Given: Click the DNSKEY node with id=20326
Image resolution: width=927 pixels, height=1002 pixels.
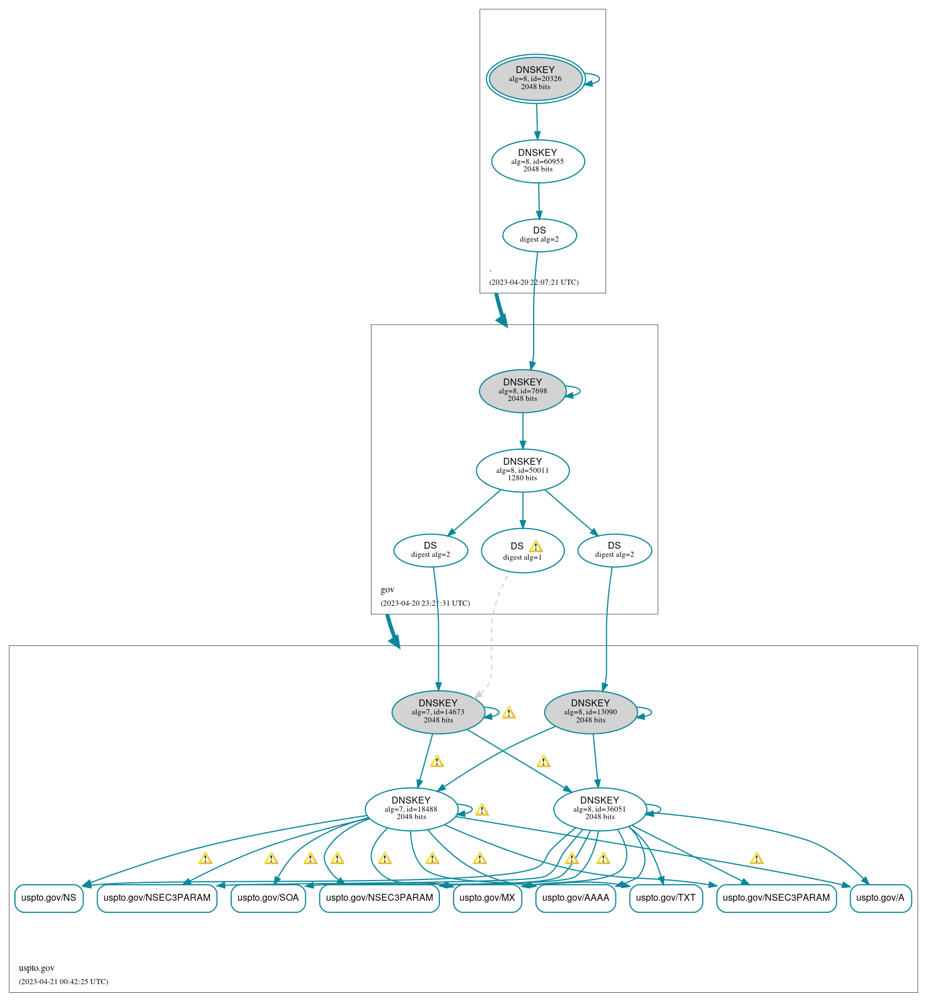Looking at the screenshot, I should click(535, 79).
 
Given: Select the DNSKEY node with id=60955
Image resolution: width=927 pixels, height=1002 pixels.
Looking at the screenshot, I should click(538, 161).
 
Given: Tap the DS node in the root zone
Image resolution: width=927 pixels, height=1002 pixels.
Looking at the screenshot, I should click(539, 235).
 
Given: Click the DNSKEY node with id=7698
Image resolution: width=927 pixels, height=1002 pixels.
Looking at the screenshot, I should click(522, 391).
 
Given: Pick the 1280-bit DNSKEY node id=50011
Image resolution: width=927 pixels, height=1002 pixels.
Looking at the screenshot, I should click(522, 470).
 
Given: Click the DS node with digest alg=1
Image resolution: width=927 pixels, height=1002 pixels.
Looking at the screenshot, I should click(522, 550).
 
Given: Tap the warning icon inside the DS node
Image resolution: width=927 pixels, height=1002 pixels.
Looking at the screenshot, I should click(535, 546).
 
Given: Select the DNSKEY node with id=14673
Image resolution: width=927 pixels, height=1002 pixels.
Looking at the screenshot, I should click(438, 712).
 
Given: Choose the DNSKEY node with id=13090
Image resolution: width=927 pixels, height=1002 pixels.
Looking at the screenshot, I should click(590, 712).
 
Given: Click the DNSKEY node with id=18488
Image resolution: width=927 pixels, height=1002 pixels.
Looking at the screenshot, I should click(411, 809).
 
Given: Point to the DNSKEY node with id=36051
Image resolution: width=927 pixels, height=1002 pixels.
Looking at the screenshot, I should click(599, 809).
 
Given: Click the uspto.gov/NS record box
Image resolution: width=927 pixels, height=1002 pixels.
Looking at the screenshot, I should click(49, 898).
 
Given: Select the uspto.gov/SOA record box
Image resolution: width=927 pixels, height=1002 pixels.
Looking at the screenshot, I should click(268, 898).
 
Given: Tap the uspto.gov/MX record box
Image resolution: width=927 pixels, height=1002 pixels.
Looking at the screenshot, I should click(487, 898).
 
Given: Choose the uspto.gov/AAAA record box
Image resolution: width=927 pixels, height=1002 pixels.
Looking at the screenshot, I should click(575, 898).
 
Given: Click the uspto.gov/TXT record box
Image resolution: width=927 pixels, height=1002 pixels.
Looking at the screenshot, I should click(665, 898).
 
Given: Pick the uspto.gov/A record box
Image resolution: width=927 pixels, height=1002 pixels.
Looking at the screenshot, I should click(880, 898).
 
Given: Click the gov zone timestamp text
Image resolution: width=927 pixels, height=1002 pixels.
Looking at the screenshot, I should click(425, 603).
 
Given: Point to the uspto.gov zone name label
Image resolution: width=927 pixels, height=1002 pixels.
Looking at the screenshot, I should click(37, 968).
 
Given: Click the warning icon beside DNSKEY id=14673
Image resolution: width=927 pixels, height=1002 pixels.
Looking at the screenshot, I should click(508, 713).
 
